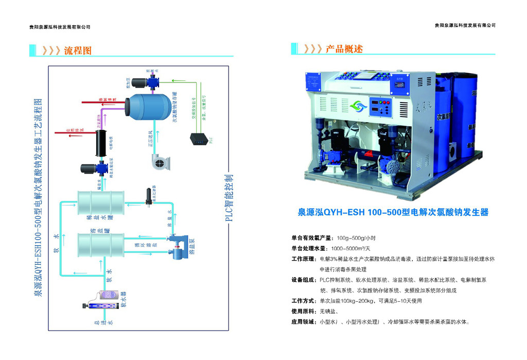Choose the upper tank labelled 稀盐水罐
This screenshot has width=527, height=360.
pos(100,205)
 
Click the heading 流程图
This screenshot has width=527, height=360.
pos(78,51)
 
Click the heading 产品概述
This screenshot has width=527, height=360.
pos(344,49)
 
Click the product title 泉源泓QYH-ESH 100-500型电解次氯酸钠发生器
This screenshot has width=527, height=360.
pos(394,212)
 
